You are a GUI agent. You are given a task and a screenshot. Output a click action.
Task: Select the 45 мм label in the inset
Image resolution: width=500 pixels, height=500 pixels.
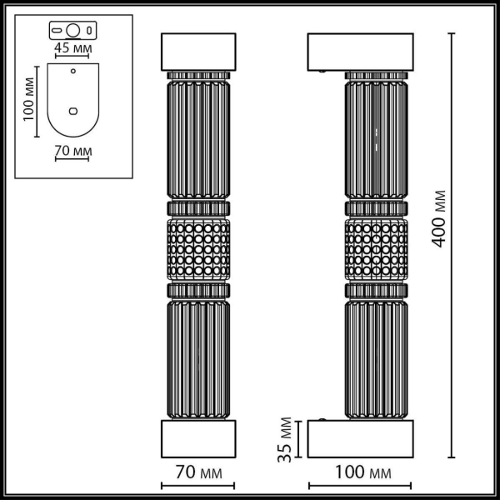(73, 47)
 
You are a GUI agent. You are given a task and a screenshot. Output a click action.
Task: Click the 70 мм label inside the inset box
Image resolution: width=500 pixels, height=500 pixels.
(73, 152)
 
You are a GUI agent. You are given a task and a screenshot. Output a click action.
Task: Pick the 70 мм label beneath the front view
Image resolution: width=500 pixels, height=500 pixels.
(197, 472)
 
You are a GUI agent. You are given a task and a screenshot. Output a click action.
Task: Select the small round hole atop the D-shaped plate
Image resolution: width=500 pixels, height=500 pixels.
(73, 72)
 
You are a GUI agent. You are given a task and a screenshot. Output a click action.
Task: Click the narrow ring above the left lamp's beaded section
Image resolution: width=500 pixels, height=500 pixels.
(197, 207)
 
